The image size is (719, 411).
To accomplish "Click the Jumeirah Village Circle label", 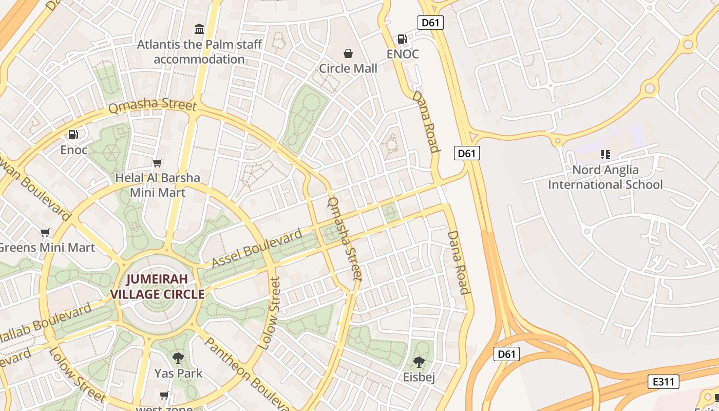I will pyautogui.click(x=158, y=287).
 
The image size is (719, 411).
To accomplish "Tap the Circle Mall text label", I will pyautogui.click(x=348, y=68).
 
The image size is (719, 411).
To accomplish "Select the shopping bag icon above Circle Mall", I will pyautogui.click(x=348, y=53).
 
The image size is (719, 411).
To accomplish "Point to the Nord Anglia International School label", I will pyautogui.click(x=605, y=177).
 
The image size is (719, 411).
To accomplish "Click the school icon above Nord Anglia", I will pyautogui.click(x=605, y=155).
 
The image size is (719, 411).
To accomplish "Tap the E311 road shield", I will pyautogui.click(x=664, y=382).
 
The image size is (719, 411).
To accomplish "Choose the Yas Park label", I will pyautogui.click(x=178, y=373).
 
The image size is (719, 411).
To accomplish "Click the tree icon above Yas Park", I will pyautogui.click(x=178, y=358).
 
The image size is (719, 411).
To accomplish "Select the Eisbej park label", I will pyautogui.click(x=419, y=378).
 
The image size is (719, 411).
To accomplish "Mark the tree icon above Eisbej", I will pyautogui.click(x=419, y=362).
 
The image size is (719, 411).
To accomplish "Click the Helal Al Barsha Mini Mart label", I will pyautogui.click(x=158, y=185).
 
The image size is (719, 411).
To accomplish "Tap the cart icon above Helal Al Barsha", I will pyautogui.click(x=158, y=163).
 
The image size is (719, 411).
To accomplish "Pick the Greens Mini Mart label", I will pyautogui.click(x=46, y=248).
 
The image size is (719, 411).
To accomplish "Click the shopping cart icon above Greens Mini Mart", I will pyautogui.click(x=45, y=233).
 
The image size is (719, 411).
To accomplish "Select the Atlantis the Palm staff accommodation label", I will pyautogui.click(x=199, y=52).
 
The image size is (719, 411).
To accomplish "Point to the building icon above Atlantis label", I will pyautogui.click(x=199, y=29).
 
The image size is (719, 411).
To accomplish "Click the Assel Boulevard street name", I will pyautogui.click(x=257, y=249).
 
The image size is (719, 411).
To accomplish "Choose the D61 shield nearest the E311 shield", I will pyautogui.click(x=506, y=354).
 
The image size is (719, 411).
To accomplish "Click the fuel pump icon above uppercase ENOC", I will pyautogui.click(x=403, y=39).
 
